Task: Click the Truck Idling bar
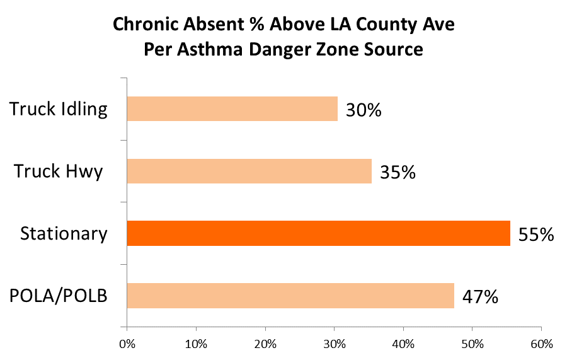pos(232,108)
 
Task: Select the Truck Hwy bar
pos(249,171)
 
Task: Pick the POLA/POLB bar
pos(290,296)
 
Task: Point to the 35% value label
pos(398,172)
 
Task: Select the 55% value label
pos(535,235)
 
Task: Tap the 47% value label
pos(480,296)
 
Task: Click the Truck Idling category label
pos(59,109)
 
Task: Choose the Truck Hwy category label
pos(59,171)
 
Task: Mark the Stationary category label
pos(64,234)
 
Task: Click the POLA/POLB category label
pos(58,296)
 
